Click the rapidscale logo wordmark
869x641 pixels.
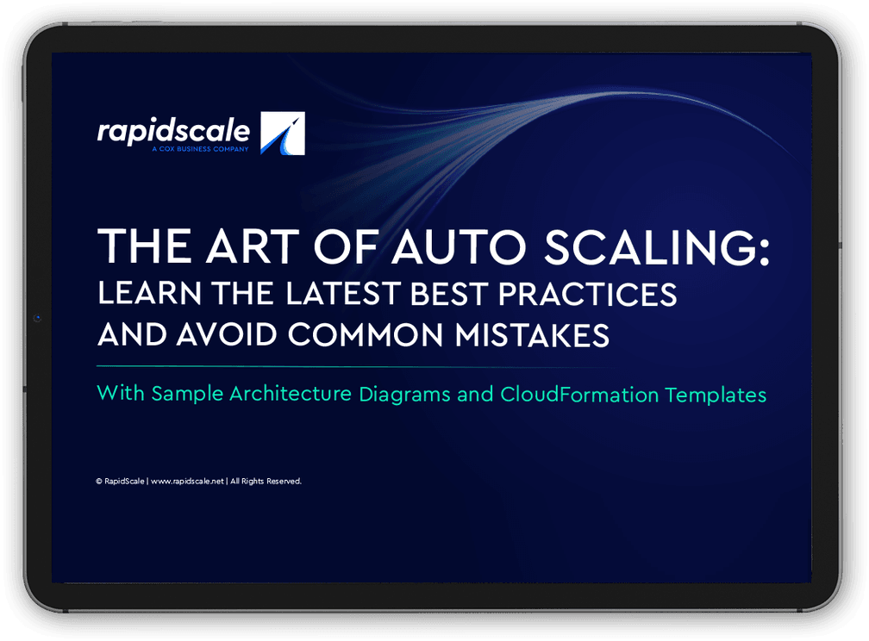coord(173,131)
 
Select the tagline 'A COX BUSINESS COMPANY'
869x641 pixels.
coord(199,149)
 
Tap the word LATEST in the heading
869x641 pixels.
coord(328,294)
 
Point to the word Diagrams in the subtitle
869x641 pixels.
coord(412,395)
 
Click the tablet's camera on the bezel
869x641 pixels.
coord(37,318)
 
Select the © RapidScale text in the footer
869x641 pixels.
coord(120,482)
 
